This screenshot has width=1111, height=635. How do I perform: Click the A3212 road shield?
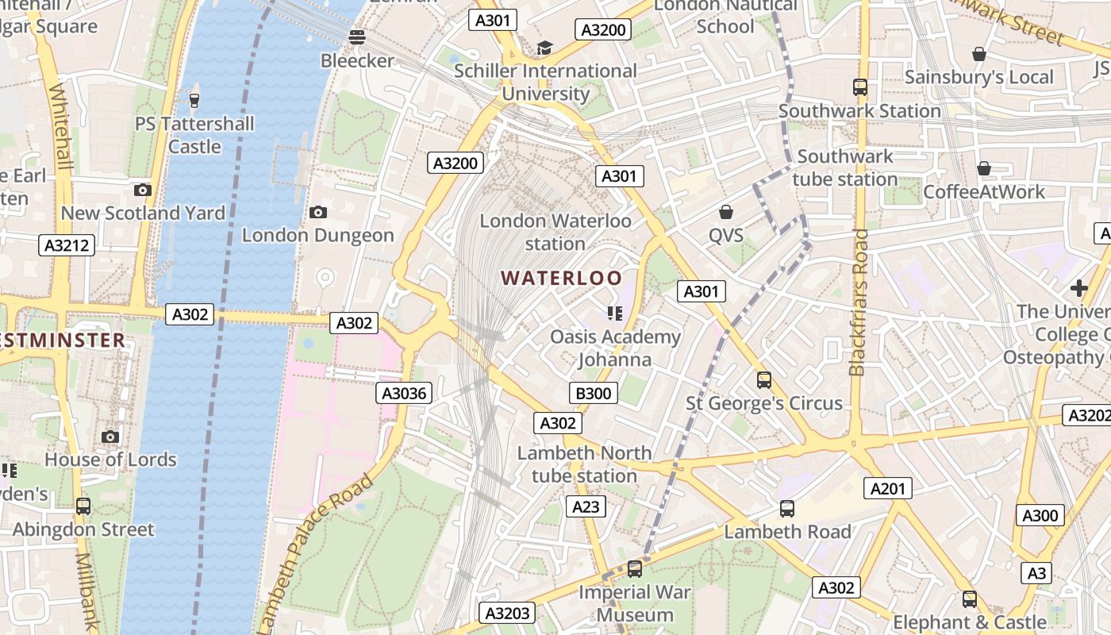67,245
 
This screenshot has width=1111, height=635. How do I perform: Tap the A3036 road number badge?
404,393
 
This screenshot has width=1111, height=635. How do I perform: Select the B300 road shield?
593,393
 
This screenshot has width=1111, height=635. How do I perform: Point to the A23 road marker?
586,506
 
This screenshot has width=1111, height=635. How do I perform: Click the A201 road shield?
888,489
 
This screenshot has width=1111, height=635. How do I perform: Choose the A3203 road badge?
508,613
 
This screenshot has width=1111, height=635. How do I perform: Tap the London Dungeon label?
317,235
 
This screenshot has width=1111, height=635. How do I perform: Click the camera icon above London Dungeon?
318,212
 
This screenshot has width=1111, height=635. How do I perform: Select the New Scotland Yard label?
143,213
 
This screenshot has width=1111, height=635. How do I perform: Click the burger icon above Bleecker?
357,37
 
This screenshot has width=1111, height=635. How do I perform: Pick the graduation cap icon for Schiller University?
544,48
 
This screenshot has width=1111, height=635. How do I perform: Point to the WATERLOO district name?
562,278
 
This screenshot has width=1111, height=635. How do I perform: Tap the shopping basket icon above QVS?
725,212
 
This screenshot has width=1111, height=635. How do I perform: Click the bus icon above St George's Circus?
763,380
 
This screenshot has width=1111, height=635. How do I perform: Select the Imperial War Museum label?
635,603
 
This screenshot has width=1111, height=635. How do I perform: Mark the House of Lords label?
110,460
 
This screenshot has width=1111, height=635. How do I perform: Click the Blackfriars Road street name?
858,302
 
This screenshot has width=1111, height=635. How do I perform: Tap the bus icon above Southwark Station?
860,87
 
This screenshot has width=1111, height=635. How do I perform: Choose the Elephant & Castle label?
969,622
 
